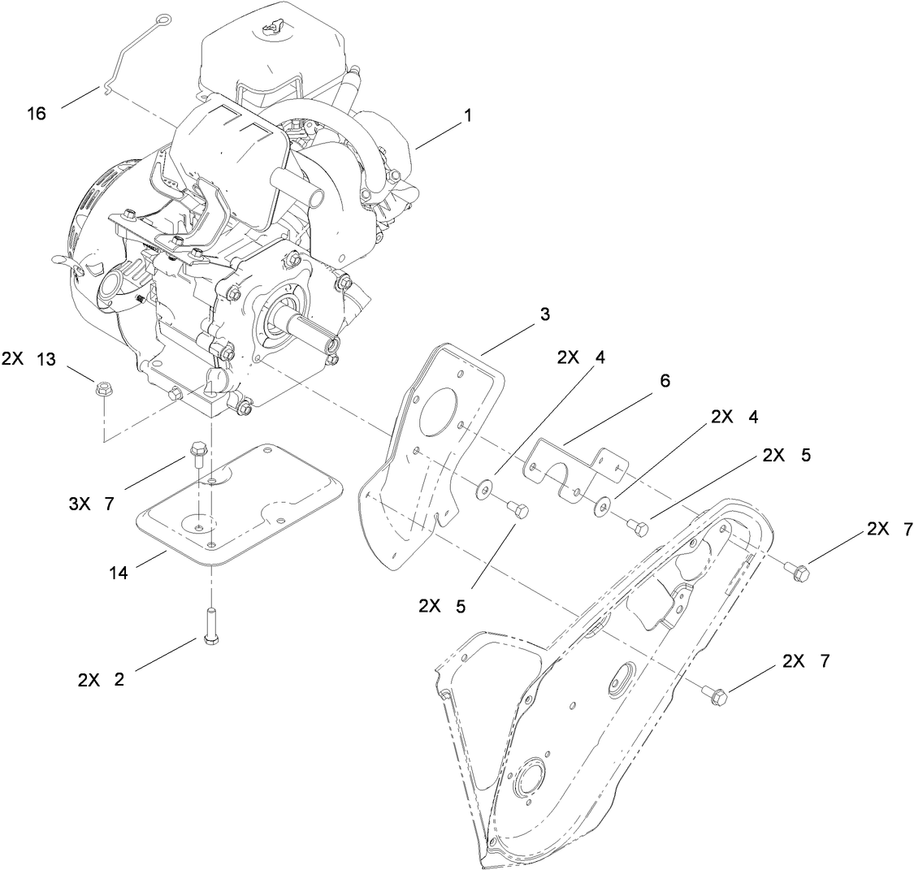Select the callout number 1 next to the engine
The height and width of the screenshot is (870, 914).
tap(467, 116)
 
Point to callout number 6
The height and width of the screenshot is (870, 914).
tap(665, 380)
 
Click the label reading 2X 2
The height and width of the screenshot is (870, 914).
tap(101, 680)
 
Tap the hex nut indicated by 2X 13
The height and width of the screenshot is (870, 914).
tap(102, 389)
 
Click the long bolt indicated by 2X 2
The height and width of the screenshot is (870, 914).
tap(211, 625)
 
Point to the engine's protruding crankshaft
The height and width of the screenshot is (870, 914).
tap(312, 331)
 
